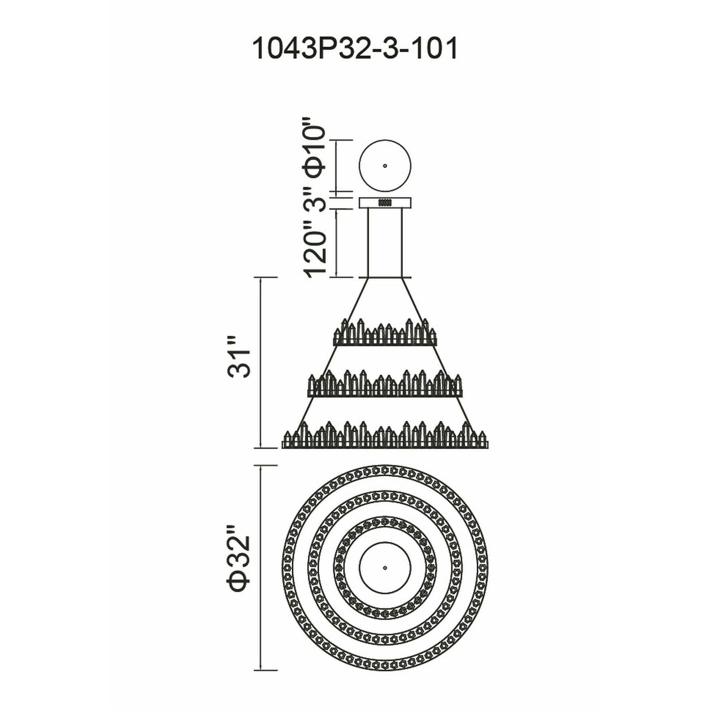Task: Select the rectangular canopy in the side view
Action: (x=385, y=203)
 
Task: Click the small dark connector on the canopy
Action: (x=385, y=202)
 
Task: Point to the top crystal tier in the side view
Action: (x=385, y=332)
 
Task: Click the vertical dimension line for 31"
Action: (x=261, y=363)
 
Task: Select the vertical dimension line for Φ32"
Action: (x=261, y=578)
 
